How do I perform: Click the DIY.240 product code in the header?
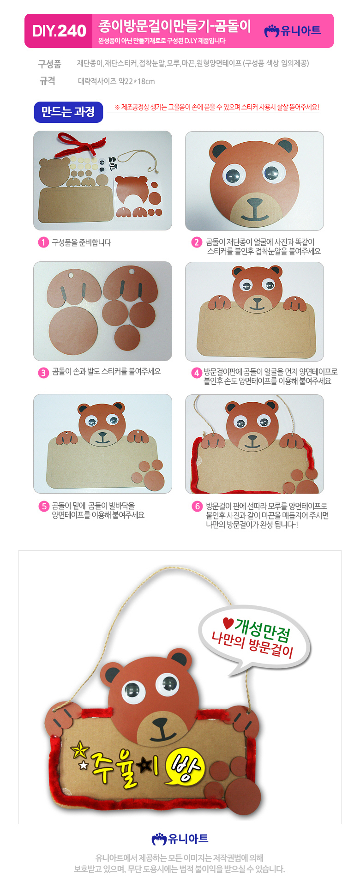coord(59,31)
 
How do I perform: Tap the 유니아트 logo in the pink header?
coord(292,30)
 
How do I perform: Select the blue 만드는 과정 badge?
coord(68,112)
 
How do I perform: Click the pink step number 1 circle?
coord(43,242)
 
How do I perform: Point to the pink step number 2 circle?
coord(197,242)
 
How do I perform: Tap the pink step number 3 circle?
coord(43,372)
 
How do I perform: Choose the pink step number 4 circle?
coord(197,373)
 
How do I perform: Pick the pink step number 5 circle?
coord(43,506)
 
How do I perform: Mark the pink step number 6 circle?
coord(197,506)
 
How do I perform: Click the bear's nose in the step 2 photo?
coord(254,202)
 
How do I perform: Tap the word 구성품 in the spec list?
coord(49,64)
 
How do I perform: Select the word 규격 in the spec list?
coord(47,81)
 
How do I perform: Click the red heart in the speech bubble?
coord(228,623)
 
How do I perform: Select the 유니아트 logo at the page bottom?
coord(180,839)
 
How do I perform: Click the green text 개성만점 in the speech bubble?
coord(262,631)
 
